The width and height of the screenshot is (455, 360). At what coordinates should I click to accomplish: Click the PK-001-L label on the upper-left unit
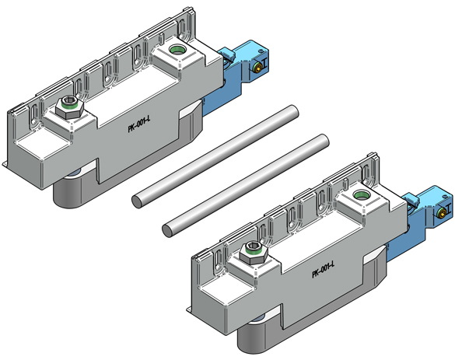[x=139, y=124]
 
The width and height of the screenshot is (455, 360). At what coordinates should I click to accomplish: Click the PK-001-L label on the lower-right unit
[x=324, y=270]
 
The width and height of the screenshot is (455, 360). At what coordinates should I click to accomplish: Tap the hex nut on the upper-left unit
[x=70, y=107]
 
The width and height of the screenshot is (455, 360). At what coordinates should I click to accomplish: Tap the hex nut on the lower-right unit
[x=254, y=253]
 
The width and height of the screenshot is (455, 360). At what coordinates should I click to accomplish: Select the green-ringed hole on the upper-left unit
[x=177, y=50]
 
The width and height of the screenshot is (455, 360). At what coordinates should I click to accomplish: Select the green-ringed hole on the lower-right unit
[x=360, y=195]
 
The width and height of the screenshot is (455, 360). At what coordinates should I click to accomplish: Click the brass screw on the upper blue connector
[x=257, y=68]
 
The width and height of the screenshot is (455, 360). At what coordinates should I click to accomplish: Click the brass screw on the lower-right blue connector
[x=441, y=214]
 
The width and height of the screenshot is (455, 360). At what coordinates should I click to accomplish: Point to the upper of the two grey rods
[x=215, y=156]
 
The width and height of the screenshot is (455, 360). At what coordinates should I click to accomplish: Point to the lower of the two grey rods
[x=246, y=186]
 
